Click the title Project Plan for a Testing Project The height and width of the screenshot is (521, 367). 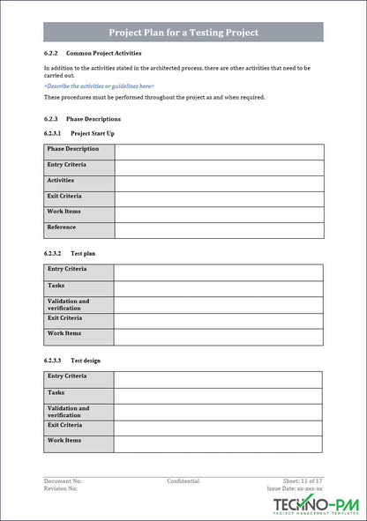(183, 33)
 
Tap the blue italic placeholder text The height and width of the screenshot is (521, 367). (99, 86)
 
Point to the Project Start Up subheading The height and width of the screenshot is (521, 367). (92, 133)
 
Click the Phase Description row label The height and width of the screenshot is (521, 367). (73, 149)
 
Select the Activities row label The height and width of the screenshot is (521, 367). (61, 180)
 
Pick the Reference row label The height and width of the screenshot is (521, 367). (62, 227)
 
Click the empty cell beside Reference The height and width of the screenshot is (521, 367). (219, 230)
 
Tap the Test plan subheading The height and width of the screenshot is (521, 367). (83, 254)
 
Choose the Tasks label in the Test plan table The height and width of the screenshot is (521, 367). (56, 286)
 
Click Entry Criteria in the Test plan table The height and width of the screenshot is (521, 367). (67, 269)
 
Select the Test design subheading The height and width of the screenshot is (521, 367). (86, 361)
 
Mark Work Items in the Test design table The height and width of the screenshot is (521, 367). (64, 440)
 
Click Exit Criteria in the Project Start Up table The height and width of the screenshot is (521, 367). (64, 196)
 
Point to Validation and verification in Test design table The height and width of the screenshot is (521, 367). (69, 412)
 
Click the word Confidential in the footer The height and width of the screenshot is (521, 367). (183, 481)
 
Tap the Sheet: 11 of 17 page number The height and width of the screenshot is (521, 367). (303, 481)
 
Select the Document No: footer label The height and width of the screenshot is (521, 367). (64, 481)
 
